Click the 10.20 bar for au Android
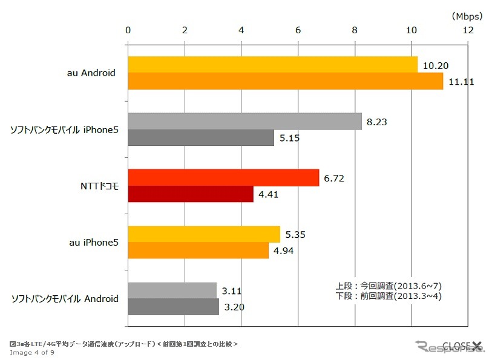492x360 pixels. (x=272, y=64)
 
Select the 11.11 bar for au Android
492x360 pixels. (x=285, y=80)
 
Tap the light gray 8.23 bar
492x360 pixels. (x=244, y=121)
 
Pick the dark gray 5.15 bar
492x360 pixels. (x=201, y=138)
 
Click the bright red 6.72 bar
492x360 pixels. (x=223, y=177)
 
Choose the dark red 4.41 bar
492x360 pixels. (x=191, y=194)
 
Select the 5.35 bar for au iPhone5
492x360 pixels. (x=204, y=234)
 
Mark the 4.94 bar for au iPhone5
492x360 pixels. (x=198, y=250)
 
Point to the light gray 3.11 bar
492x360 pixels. (x=172, y=290)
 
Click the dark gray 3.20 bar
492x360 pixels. (x=173, y=307)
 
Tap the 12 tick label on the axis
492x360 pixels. (x=468, y=30)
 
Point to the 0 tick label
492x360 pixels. (x=128, y=30)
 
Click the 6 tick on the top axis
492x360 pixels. (x=298, y=30)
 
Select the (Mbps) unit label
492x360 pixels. (x=467, y=15)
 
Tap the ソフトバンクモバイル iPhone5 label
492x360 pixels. (x=64, y=129)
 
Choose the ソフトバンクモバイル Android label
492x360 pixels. (x=65, y=298)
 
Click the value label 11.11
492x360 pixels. (x=461, y=82)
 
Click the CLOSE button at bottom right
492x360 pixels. (x=463, y=345)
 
